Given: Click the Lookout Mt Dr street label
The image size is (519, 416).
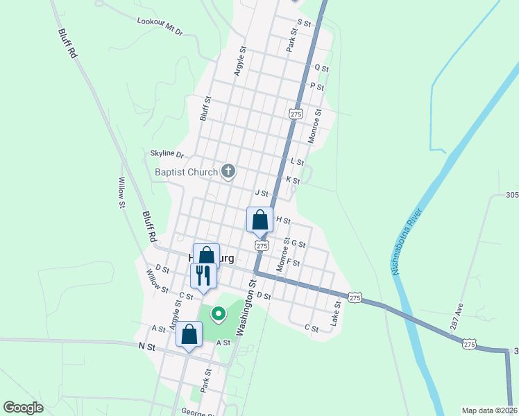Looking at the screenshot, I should [160, 27].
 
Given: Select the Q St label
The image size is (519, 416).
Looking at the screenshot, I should [321, 68].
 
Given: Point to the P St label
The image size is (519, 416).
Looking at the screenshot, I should [317, 87].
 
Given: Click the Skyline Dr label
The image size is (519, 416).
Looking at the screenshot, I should [167, 154].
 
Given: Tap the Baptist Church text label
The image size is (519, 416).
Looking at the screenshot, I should [185, 171].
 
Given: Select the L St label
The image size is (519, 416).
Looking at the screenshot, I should [297, 162].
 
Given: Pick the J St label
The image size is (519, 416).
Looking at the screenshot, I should [261, 193].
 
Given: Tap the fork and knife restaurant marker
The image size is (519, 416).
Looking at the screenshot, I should [203, 275].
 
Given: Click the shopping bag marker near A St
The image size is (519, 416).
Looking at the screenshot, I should [189, 334].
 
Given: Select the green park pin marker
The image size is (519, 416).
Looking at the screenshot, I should [218, 315].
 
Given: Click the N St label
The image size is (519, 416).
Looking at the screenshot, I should [146, 345].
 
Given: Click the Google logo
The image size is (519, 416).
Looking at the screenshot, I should [23, 408].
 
